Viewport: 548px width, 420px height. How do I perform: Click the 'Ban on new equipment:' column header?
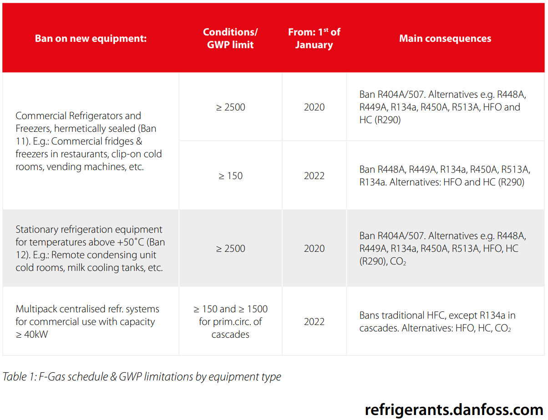91,38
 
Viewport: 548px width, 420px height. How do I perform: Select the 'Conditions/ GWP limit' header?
230,38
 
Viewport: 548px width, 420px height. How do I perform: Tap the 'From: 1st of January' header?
314,38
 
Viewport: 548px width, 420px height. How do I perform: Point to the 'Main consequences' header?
445,38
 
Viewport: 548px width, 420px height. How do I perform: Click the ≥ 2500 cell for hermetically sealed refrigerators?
231,107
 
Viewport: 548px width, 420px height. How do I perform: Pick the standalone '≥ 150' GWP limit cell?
231,176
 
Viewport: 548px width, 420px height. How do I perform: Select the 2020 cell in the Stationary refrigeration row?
314,249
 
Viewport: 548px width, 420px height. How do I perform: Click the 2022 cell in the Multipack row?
314,322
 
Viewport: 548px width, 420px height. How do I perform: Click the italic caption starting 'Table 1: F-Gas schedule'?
142,377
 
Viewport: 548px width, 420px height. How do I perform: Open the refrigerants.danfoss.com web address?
454,409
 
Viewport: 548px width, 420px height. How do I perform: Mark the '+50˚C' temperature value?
129,242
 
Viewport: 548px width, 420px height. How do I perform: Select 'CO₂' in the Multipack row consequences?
503,328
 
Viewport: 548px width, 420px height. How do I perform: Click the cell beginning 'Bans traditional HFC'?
437,322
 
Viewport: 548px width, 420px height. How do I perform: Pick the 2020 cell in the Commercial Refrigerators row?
314,107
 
